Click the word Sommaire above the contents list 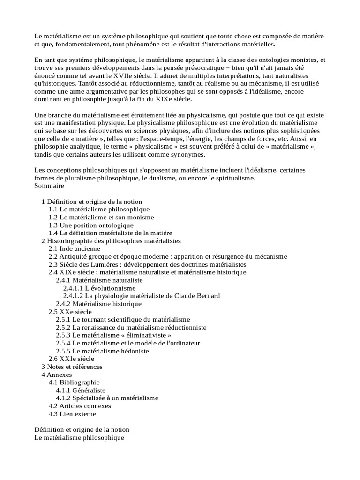tap(49, 185)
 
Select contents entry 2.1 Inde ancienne tap(74, 248)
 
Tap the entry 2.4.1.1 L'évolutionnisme tap(99, 288)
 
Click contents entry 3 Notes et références tap(72, 367)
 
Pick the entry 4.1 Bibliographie tap(74, 382)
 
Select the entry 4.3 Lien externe tap(72, 414)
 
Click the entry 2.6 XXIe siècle tap(71, 359)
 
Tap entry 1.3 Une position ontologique tap(91, 225)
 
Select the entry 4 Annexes tap(57, 375)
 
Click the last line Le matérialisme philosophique tap(79, 437)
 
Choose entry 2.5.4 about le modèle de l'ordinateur tap(128, 343)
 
